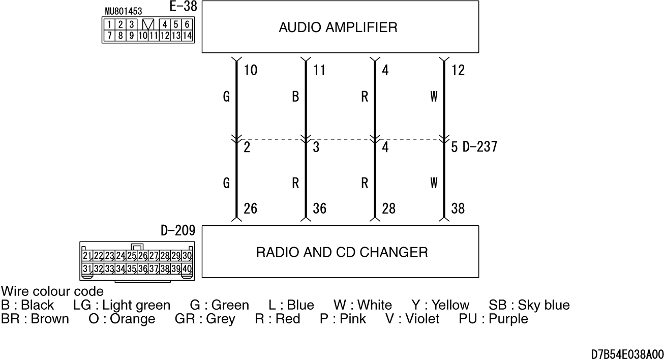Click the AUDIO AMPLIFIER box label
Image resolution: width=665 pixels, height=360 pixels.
[x=338, y=27]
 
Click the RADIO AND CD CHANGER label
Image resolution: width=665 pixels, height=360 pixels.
[x=342, y=252]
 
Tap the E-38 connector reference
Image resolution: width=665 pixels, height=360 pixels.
[x=183, y=6]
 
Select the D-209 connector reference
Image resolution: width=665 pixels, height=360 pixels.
[x=178, y=230]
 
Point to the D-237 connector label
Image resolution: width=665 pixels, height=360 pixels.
[x=480, y=147]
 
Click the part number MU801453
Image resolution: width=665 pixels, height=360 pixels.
[x=124, y=11]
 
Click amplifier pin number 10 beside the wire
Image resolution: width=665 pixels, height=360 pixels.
[x=251, y=70]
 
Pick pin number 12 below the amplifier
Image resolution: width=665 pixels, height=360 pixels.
[x=458, y=70]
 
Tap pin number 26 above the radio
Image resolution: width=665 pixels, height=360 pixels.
[x=250, y=208]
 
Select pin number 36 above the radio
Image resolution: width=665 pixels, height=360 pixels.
[x=319, y=208]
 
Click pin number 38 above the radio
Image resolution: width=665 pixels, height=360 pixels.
[x=458, y=208]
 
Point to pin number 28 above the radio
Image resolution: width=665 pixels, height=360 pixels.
[x=388, y=208]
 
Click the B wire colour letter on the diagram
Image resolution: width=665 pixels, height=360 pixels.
[x=295, y=97]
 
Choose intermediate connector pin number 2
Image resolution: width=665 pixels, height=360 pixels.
[x=247, y=147]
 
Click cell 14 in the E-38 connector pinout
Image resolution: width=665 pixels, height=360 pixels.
[x=187, y=36]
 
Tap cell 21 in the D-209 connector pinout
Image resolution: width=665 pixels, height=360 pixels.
[x=87, y=255]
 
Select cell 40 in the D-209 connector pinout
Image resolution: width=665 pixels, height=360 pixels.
[x=187, y=269]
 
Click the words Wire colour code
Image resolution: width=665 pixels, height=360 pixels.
[x=52, y=291]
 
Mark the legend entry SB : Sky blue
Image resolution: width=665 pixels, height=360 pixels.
[x=529, y=305]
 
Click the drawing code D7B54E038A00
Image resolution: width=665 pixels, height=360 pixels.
[x=627, y=354]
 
